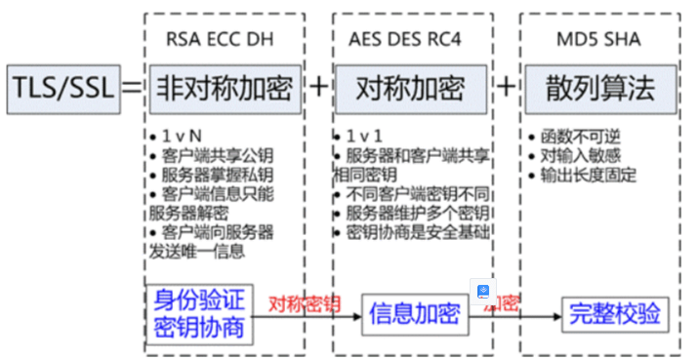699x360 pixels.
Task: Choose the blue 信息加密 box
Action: (x=414, y=313)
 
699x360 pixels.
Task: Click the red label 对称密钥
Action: (x=304, y=303)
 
